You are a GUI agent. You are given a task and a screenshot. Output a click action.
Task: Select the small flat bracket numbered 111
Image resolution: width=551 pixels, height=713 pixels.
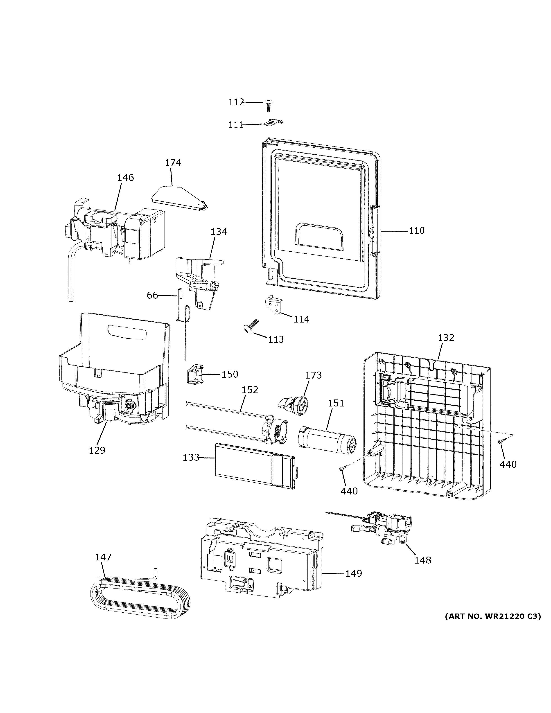pos(273,122)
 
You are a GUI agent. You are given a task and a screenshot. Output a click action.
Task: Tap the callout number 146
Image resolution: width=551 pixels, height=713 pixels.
pos(125,178)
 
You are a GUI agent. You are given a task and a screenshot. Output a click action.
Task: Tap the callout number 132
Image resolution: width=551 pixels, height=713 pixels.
pos(446,338)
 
